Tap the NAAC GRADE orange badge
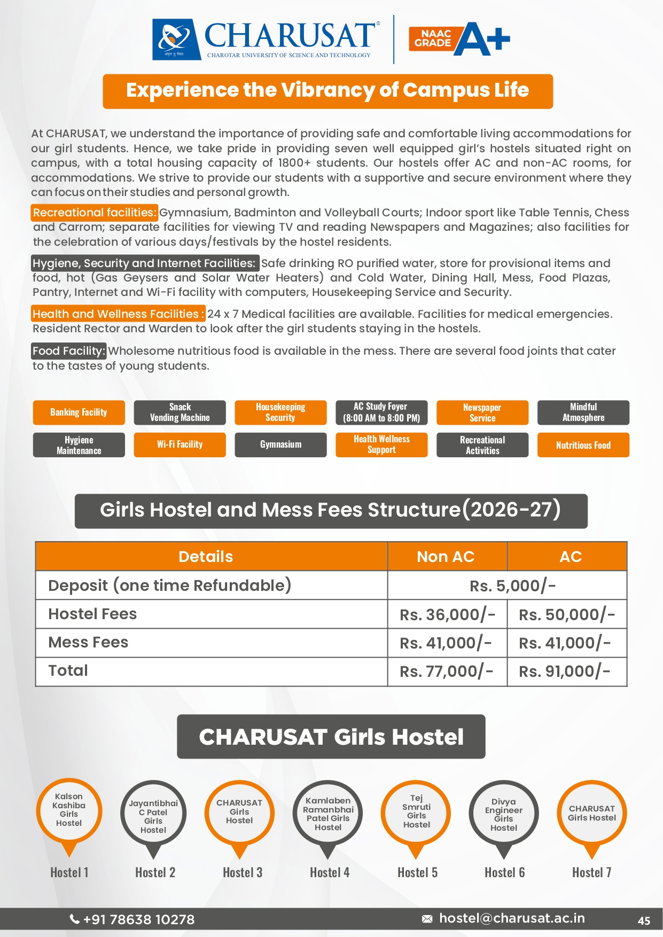[x=433, y=38]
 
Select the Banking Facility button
[x=79, y=412]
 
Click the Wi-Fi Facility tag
[x=180, y=444]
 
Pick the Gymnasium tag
[x=280, y=444]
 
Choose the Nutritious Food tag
[x=583, y=445]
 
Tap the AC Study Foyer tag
[x=381, y=412]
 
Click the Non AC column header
[x=446, y=557]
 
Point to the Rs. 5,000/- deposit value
[x=512, y=586]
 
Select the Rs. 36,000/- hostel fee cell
[x=447, y=614]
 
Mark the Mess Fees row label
[x=88, y=642]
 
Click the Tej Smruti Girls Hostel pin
[x=416, y=812]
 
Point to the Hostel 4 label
[x=330, y=872]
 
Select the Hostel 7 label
[x=591, y=872]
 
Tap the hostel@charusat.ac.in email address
[x=511, y=918]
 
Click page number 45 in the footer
[x=644, y=920]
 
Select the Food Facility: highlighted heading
[x=69, y=351]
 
